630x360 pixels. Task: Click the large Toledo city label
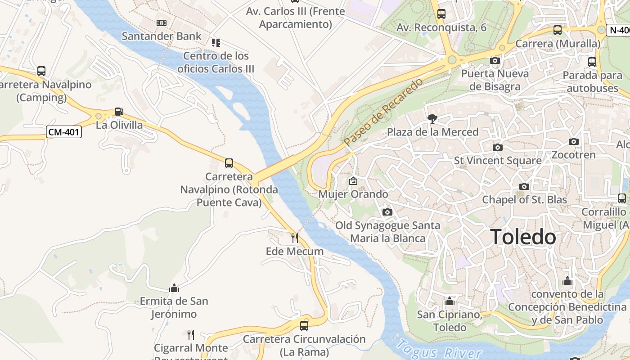click(x=523, y=237)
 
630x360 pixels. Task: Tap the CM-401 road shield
click(x=64, y=132)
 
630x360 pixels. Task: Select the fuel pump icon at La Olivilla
click(x=119, y=111)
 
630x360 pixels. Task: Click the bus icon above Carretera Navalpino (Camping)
click(x=41, y=71)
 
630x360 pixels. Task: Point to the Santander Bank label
click(x=162, y=36)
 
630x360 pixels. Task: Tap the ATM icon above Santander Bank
click(x=162, y=22)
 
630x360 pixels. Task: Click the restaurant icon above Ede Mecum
click(x=295, y=237)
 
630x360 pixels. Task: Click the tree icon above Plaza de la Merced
click(x=432, y=119)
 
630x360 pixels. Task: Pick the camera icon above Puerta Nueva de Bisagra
click(x=495, y=60)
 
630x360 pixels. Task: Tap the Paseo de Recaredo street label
click(x=383, y=112)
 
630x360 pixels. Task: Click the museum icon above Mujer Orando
click(x=353, y=181)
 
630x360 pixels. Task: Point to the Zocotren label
click(x=573, y=155)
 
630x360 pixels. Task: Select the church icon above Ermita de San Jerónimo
click(x=174, y=288)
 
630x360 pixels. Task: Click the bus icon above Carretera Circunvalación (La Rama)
click(x=304, y=325)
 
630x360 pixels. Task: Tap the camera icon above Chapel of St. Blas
click(x=524, y=186)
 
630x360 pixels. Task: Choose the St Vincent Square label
click(x=498, y=160)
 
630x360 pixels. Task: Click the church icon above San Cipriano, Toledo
click(x=449, y=301)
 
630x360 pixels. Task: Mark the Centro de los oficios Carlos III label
click(x=216, y=62)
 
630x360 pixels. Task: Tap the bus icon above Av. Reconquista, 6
click(x=441, y=14)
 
